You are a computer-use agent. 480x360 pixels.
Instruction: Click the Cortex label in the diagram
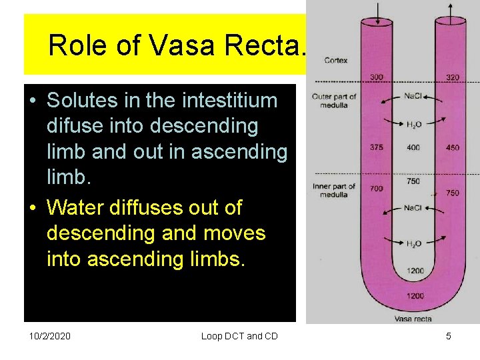point(335,61)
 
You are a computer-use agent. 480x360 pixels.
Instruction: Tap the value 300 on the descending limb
point(376,77)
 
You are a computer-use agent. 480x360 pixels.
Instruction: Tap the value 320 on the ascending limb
point(453,77)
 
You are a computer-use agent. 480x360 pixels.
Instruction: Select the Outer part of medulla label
point(334,101)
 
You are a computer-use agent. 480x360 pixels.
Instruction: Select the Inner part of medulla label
point(334,191)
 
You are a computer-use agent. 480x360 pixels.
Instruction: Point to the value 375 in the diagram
point(376,147)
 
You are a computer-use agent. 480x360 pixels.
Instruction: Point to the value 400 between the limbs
point(413,147)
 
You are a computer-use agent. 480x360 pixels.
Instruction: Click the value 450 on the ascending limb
point(453,147)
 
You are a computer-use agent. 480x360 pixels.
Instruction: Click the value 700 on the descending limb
point(376,189)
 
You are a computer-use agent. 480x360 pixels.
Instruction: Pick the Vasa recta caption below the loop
point(413,319)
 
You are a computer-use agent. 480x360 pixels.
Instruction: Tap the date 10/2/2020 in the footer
point(50,336)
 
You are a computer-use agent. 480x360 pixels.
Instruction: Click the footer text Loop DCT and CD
point(239,336)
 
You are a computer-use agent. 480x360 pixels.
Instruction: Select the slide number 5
point(449,336)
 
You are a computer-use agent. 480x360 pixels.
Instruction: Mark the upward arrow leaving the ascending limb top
point(452,10)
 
